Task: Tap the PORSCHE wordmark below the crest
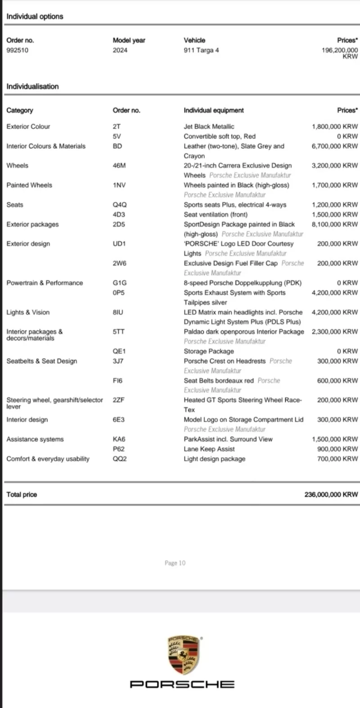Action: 182,684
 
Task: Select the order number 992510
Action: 17,50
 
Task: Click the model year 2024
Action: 120,50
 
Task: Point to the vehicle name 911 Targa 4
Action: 201,50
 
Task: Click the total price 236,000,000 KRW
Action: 331,494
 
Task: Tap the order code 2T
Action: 117,126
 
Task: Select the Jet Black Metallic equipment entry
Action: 209,126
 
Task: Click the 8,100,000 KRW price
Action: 335,224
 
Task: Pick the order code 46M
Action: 119,166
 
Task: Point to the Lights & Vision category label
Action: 28,312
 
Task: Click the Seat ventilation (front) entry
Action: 216,215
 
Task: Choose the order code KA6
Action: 119,439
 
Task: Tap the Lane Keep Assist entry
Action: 209,449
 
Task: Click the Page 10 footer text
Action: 175,563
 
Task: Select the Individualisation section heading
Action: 32,86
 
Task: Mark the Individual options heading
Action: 35,17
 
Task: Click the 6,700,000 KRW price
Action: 335,146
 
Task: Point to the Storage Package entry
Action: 209,351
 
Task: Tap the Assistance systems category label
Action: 35,439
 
